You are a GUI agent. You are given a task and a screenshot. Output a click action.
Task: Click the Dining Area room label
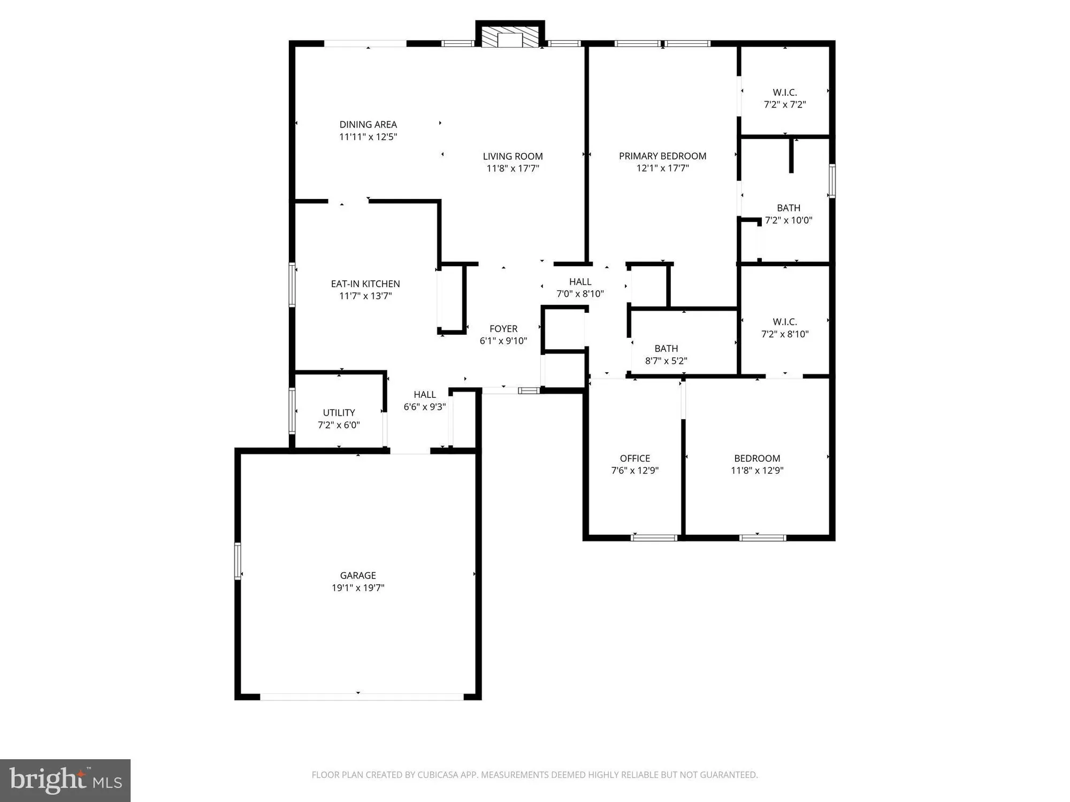pos(368,125)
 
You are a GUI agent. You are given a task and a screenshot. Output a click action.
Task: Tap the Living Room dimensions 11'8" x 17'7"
pos(513,168)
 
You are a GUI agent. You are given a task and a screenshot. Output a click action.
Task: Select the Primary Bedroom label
pos(662,156)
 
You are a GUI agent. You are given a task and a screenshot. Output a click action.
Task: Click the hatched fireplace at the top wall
pos(510,37)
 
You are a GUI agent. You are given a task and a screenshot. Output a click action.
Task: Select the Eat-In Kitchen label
pos(365,284)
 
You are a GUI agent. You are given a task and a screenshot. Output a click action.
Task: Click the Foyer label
pos(503,329)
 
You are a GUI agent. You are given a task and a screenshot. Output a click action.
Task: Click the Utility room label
pos(339,413)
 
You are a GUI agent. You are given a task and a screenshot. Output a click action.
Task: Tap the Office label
pos(635,458)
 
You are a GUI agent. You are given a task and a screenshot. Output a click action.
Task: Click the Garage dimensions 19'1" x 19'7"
pos(358,588)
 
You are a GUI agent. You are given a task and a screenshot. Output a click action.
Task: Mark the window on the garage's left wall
pos(238,560)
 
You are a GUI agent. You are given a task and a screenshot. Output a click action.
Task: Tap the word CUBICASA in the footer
pos(439,775)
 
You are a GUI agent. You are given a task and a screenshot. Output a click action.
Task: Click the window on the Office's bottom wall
pos(654,537)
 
